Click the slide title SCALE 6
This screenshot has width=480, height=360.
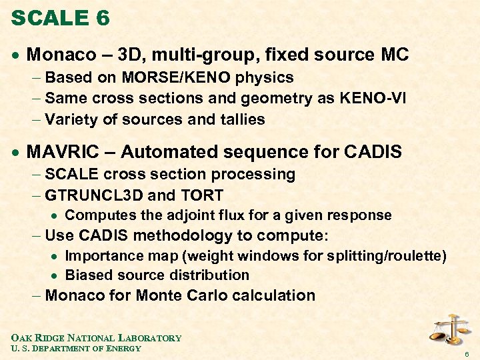[x=61, y=18]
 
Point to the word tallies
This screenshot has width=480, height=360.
[x=239, y=120]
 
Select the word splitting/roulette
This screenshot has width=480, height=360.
[x=383, y=256]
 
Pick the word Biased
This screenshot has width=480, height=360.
[x=88, y=275]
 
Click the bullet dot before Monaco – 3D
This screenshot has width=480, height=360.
[x=15, y=55]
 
